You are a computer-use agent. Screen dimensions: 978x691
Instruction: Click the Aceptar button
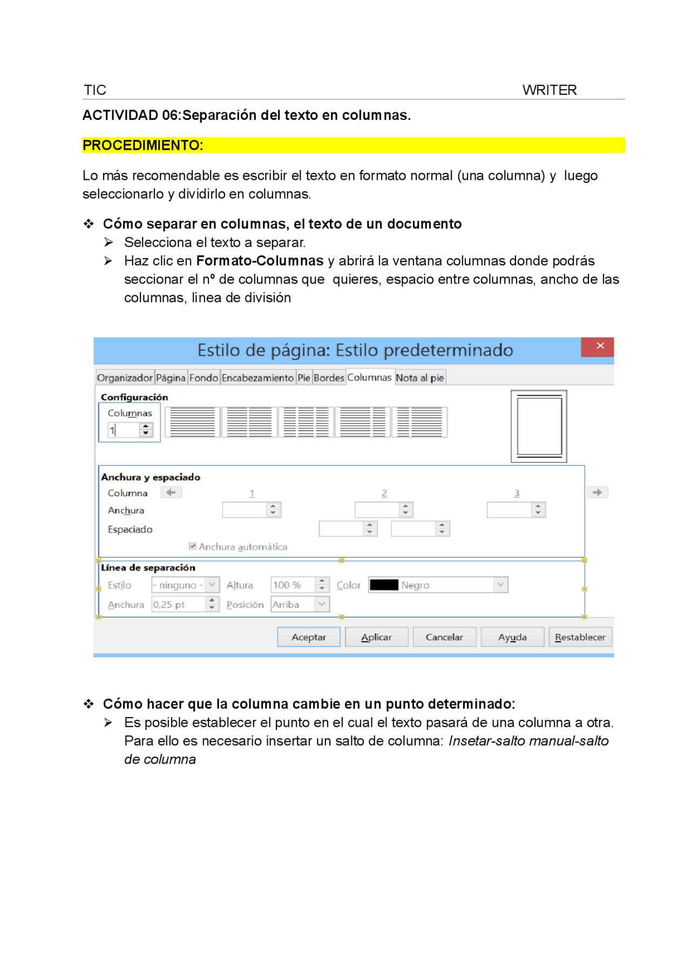(308, 637)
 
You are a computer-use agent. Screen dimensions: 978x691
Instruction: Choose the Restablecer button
(580, 637)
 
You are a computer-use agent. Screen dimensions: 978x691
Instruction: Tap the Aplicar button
(376, 637)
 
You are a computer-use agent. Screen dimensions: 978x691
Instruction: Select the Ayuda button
(512, 637)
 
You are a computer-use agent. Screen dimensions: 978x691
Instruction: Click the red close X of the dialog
(600, 346)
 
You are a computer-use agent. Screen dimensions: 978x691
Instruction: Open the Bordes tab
(328, 377)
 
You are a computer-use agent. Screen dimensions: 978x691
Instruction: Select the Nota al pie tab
(419, 377)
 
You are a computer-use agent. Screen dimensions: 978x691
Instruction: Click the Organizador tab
(125, 377)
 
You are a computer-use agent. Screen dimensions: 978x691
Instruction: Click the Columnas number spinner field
(125, 430)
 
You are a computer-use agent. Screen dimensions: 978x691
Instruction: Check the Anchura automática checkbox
(193, 546)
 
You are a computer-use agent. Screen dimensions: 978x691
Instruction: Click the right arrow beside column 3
(597, 492)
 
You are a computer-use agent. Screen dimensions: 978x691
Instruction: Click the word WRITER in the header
(549, 90)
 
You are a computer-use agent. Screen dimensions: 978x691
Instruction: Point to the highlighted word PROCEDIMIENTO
(143, 145)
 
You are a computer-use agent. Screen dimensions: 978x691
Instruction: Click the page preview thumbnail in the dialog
(538, 426)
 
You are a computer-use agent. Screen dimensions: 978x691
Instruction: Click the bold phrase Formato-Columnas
(260, 261)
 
